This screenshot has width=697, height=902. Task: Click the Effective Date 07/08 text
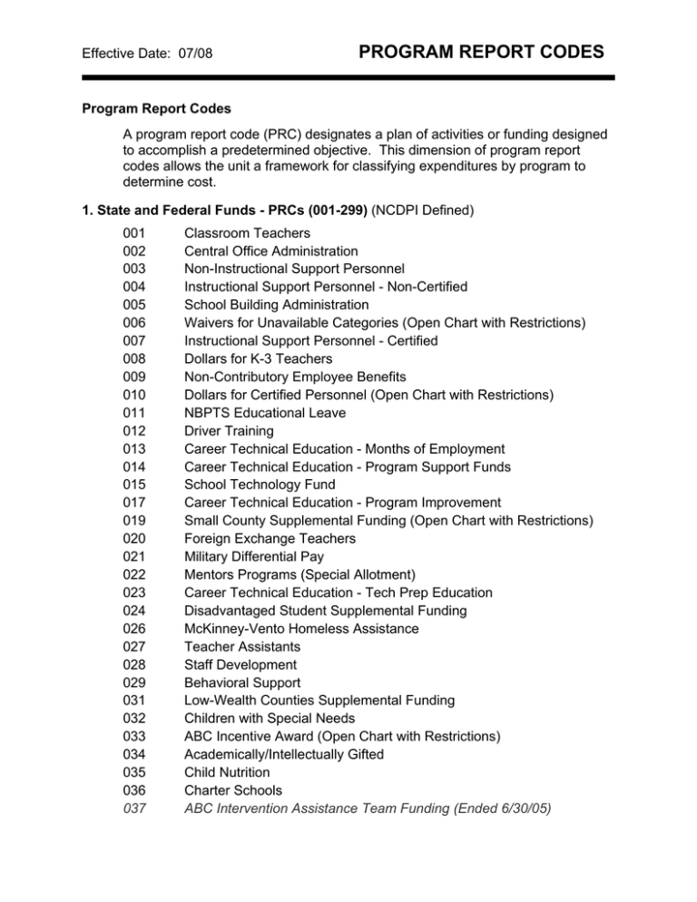point(138,54)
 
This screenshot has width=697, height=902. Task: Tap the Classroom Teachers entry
point(240,233)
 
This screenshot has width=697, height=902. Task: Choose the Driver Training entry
point(222,431)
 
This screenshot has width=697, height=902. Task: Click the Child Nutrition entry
point(227,772)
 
